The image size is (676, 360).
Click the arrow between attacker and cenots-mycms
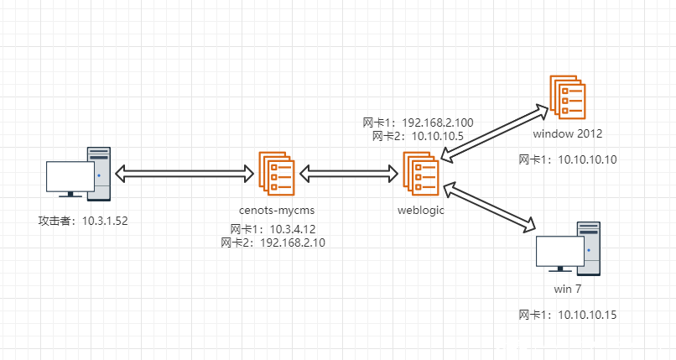point(185,175)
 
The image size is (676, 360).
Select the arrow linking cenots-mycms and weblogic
point(348,175)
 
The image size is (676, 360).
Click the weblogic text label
point(420,209)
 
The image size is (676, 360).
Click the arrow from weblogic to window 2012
point(492,132)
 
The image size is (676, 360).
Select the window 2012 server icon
point(568,96)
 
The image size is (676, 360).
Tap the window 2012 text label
point(568,133)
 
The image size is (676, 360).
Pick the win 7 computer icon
point(569,250)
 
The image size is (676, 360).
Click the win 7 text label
point(568,289)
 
